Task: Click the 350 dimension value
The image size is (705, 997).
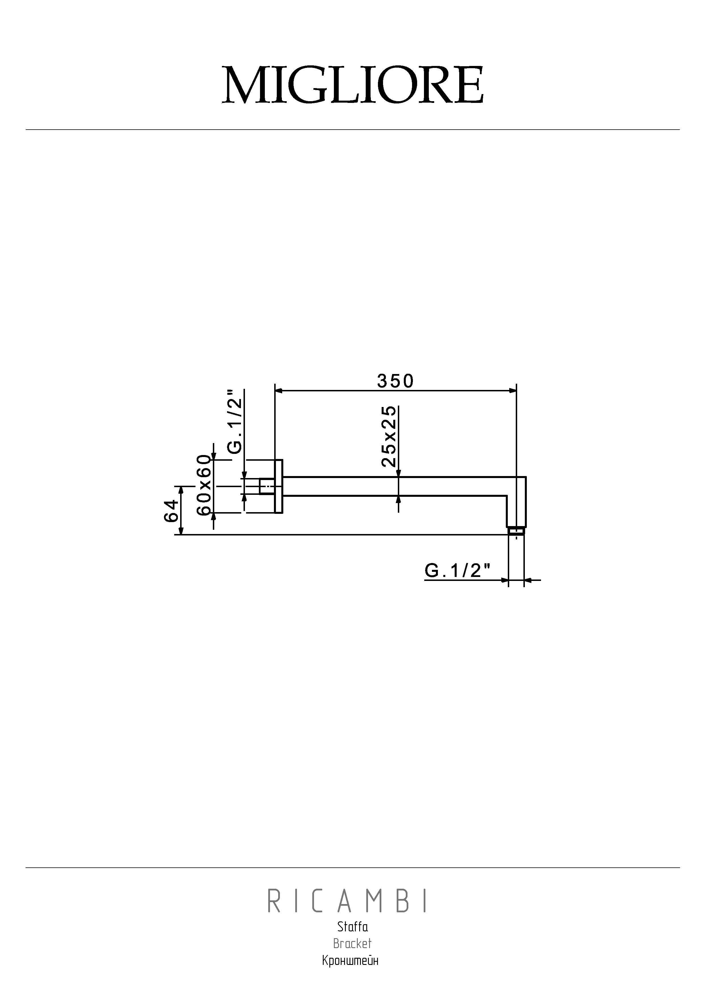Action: click(395, 381)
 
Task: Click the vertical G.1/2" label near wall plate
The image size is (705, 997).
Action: click(235, 421)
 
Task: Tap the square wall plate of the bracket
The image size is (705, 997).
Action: click(279, 486)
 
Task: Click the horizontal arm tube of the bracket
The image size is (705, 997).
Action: click(391, 486)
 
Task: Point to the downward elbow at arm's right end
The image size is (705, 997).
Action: click(517, 504)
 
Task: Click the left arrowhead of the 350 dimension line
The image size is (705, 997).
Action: click(279, 391)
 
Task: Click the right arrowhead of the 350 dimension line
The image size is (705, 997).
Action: click(513, 391)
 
